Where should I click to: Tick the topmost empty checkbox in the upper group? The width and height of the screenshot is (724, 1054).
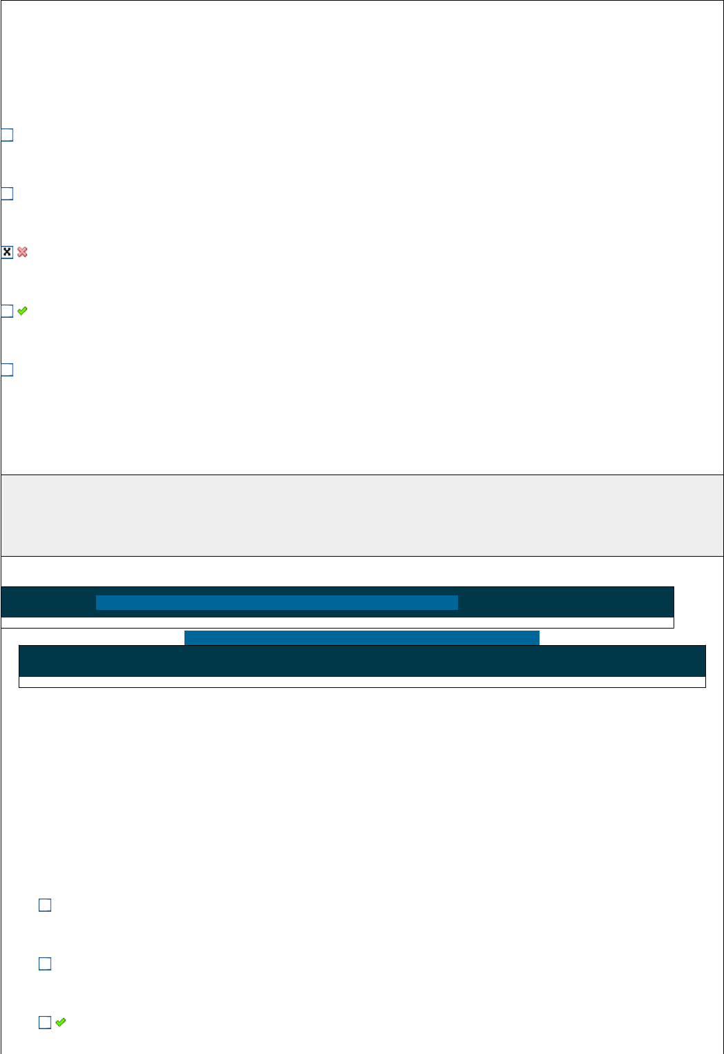click(x=7, y=135)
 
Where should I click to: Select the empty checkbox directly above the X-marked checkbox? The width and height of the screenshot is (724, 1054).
click(x=7, y=194)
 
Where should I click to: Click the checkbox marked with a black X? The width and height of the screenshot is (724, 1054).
click(x=7, y=252)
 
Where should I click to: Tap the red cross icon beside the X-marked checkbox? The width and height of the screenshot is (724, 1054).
click(x=22, y=252)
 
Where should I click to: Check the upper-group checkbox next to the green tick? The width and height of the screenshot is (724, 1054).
click(x=7, y=312)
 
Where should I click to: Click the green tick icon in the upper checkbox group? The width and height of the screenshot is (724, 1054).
click(x=22, y=312)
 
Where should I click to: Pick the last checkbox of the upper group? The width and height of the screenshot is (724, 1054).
click(x=7, y=370)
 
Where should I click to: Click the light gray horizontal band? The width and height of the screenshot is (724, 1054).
click(x=362, y=515)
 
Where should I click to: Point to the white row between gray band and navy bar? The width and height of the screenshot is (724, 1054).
click(x=362, y=571)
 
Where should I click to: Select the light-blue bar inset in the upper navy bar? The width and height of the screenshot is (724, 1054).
click(x=276, y=602)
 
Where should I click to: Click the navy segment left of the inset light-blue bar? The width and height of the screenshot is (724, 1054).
click(x=48, y=602)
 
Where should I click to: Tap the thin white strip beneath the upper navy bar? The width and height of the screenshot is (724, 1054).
click(x=337, y=622)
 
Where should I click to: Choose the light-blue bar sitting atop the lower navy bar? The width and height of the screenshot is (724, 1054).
click(x=361, y=638)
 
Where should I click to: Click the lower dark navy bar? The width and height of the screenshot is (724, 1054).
click(x=362, y=662)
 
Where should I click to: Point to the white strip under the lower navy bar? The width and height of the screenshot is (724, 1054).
click(x=362, y=682)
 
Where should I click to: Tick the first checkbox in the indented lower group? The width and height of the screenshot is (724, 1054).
click(x=45, y=906)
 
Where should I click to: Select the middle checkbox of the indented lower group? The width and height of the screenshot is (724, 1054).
click(x=45, y=964)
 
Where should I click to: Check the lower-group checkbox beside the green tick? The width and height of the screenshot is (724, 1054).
click(x=45, y=1023)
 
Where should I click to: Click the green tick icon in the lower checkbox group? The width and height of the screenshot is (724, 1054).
click(x=61, y=1022)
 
